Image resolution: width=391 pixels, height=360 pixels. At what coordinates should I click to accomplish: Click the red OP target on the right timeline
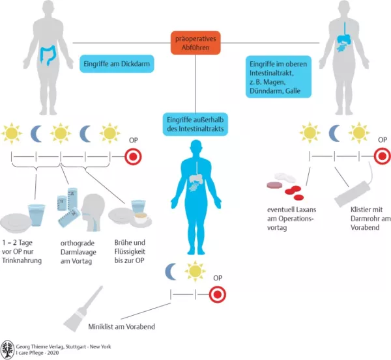(x=381, y=156)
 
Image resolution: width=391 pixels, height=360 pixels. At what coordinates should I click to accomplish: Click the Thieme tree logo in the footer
(x=7, y=349)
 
